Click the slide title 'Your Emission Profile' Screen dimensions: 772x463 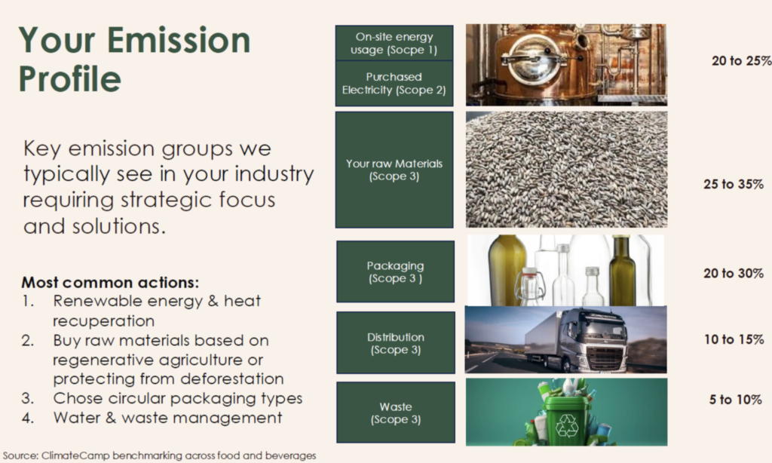tap(134, 59)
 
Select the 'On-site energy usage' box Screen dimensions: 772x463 tap(394, 43)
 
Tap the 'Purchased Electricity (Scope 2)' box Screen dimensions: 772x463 tap(394, 84)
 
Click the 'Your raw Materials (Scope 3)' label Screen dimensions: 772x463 tap(394, 170)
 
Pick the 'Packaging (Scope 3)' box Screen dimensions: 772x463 tap(395, 271)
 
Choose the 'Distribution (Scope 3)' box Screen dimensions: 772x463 tap(395, 343)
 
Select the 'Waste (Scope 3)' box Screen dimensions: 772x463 tap(395, 412)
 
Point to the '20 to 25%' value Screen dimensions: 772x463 tap(741, 61)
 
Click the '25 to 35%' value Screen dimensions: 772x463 tap(733, 184)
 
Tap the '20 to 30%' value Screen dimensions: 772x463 tap(733, 274)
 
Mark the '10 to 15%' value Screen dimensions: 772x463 tap(734, 339)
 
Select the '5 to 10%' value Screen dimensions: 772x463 tap(736, 400)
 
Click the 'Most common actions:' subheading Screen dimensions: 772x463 tap(110, 283)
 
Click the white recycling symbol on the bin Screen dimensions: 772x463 tap(567, 426)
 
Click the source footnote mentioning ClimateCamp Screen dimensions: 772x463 tap(160, 455)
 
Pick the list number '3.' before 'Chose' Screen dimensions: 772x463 tap(28, 398)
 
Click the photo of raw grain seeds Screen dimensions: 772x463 tap(567, 170)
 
